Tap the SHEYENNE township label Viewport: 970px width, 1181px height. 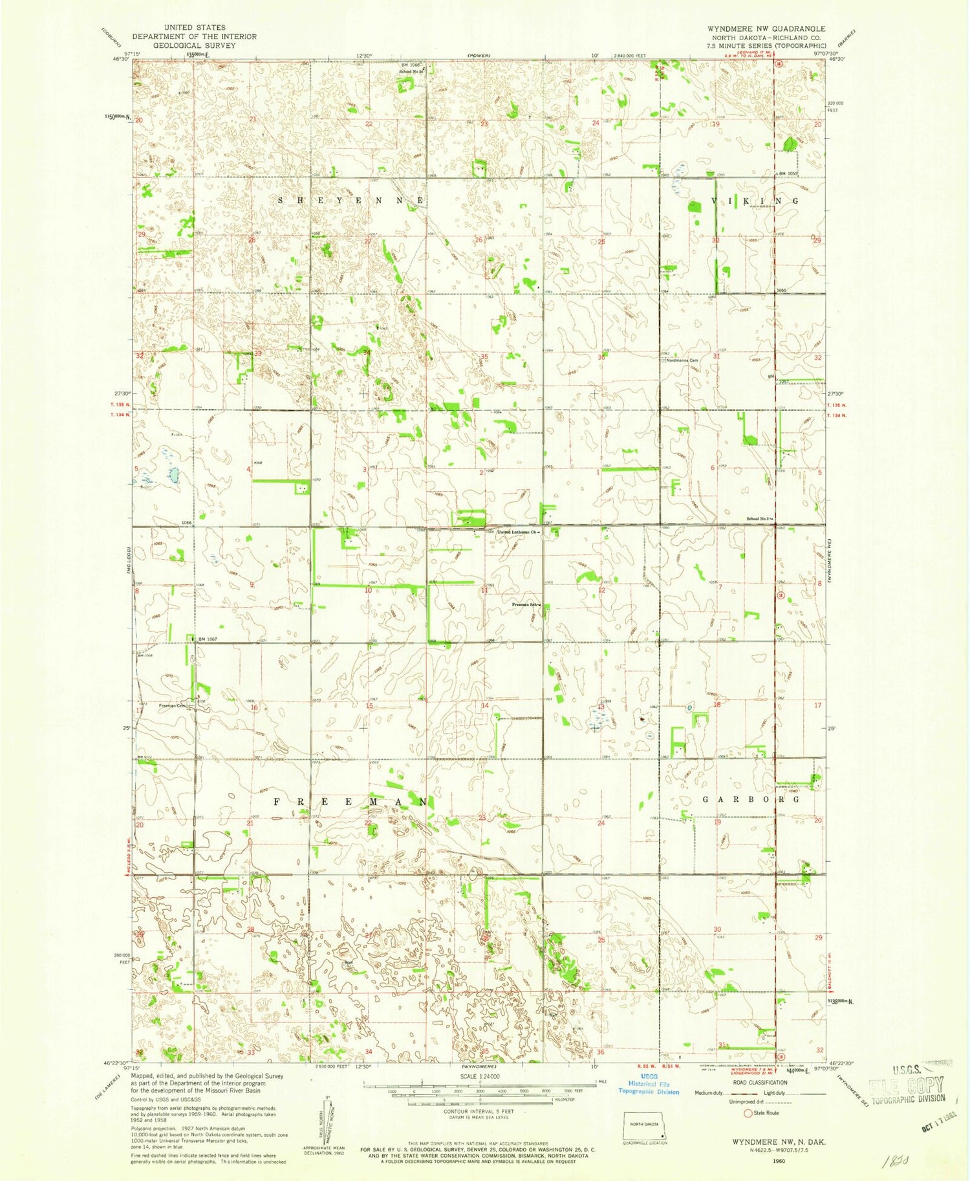(350, 201)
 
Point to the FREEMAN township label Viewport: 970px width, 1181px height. (349, 801)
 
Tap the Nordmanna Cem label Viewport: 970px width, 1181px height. (682, 360)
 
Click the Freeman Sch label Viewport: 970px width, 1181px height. (526, 605)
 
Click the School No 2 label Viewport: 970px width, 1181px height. (759, 519)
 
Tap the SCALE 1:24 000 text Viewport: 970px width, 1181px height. (480, 1076)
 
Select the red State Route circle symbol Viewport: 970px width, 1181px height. (748, 1113)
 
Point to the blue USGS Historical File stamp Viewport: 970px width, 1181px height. (649, 1087)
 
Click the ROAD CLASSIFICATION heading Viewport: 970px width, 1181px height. (759, 1082)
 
